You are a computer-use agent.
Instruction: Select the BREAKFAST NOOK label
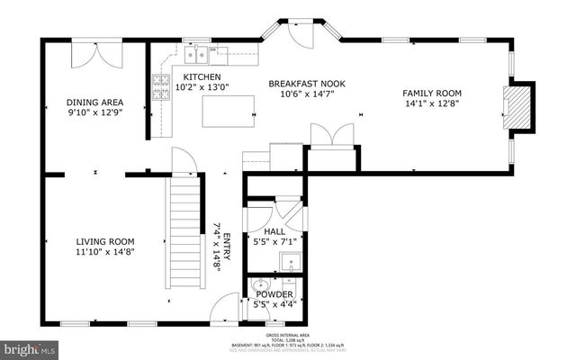[307, 84]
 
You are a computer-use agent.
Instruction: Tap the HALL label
[274, 231]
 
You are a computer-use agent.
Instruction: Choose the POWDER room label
[274, 294]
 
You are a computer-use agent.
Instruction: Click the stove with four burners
[163, 86]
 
